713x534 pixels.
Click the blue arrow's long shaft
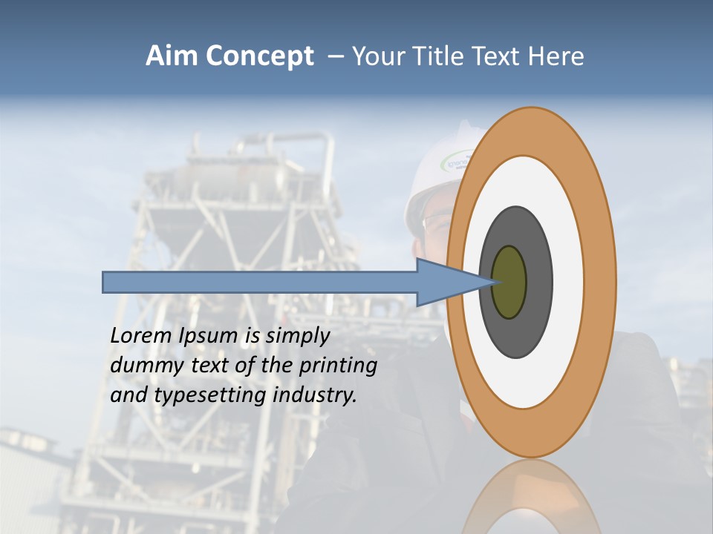point(260,283)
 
